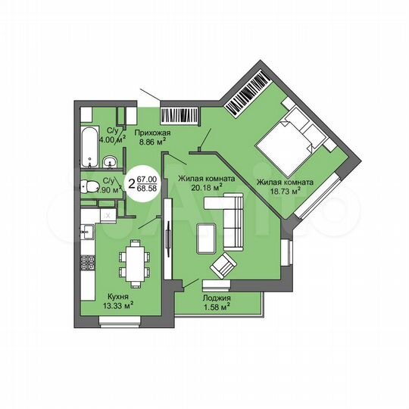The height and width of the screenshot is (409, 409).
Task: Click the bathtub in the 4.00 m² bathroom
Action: click(x=89, y=146)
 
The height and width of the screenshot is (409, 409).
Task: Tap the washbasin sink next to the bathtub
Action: click(x=109, y=161)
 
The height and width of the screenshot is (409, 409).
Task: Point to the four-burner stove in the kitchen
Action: click(x=88, y=264)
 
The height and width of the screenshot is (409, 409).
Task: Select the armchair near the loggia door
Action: click(x=224, y=266)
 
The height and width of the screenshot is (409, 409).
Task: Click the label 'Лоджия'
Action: click(x=217, y=298)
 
